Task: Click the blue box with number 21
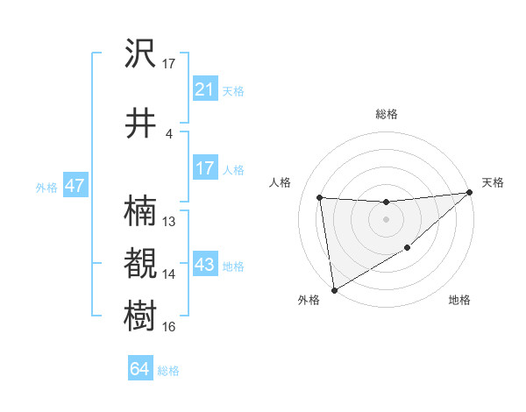point(204,89)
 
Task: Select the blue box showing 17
point(204,168)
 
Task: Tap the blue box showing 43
point(204,265)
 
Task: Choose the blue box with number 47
point(74,186)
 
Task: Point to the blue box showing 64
point(139,369)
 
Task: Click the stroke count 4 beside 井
point(169,133)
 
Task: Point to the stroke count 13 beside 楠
point(169,221)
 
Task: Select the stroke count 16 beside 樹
point(169,327)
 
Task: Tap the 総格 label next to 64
point(168,371)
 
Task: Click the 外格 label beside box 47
point(46,187)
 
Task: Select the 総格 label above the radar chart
point(386,114)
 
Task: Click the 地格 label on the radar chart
point(459,301)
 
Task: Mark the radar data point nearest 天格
point(469,193)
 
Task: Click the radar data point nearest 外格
point(333,289)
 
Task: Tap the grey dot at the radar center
point(386,219)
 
